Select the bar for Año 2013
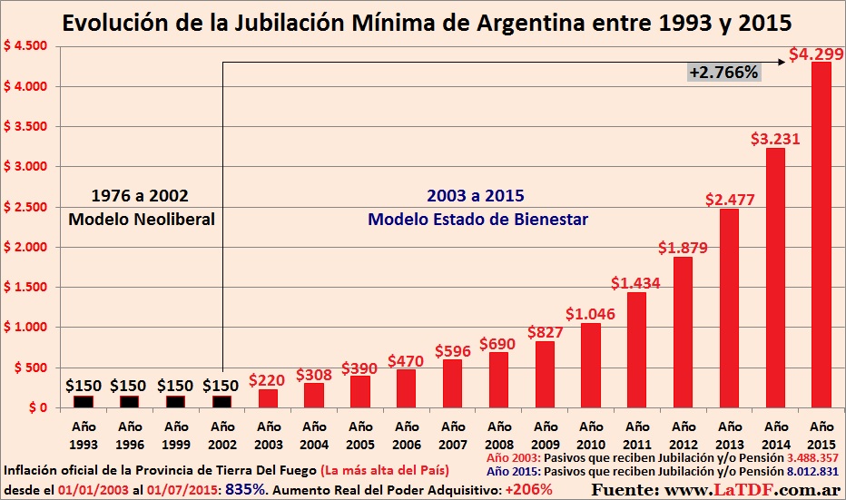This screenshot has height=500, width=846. click(x=730, y=308)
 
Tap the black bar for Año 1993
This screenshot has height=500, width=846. click(x=84, y=401)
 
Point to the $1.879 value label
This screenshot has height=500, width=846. click(x=684, y=247)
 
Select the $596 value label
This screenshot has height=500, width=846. click(x=452, y=349)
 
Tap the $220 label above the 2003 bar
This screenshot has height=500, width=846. click(x=268, y=380)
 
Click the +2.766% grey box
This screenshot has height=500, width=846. click(x=723, y=72)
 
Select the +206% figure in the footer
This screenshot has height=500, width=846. click(x=531, y=489)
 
